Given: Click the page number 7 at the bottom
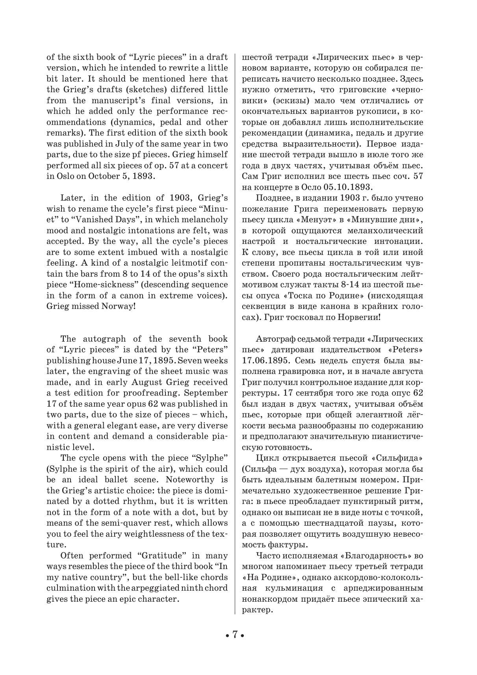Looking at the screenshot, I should click(234, 634).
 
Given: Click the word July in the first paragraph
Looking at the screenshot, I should click(116, 144).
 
